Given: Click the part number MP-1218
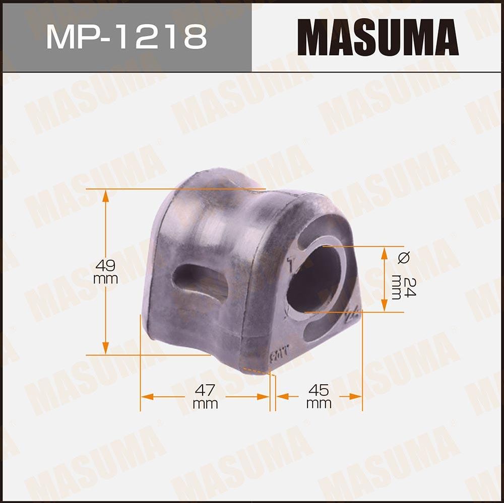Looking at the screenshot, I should tap(126, 36).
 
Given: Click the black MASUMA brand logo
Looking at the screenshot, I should tap(377, 37).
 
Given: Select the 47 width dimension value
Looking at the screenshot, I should tap(205, 389).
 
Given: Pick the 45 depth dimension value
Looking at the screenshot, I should tap(319, 389).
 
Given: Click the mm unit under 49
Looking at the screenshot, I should tap(105, 279).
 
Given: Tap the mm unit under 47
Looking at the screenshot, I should tap(205, 404).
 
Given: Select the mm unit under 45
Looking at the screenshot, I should tap(319, 404).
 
